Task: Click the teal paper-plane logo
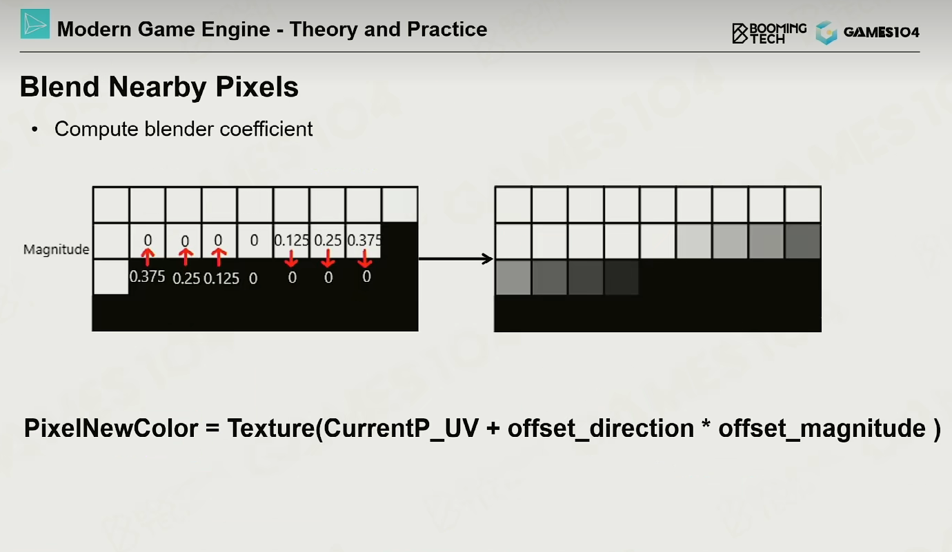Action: tap(35, 24)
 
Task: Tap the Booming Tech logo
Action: tap(768, 33)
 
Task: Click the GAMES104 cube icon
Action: tap(826, 32)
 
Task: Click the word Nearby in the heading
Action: tap(162, 88)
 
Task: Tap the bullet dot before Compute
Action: tap(35, 129)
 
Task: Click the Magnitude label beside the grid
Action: tap(56, 249)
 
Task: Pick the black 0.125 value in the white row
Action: tap(292, 241)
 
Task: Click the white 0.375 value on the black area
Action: tap(147, 277)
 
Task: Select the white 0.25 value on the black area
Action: tap(186, 278)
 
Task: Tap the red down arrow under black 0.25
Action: tap(328, 258)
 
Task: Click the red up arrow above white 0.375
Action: tap(148, 257)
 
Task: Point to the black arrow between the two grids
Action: tap(456, 258)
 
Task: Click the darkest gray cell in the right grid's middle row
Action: tap(803, 241)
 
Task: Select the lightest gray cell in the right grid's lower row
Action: tap(513, 278)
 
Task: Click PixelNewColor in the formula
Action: tap(111, 428)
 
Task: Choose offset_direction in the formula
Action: tap(601, 429)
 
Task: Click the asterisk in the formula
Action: tap(706, 424)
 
